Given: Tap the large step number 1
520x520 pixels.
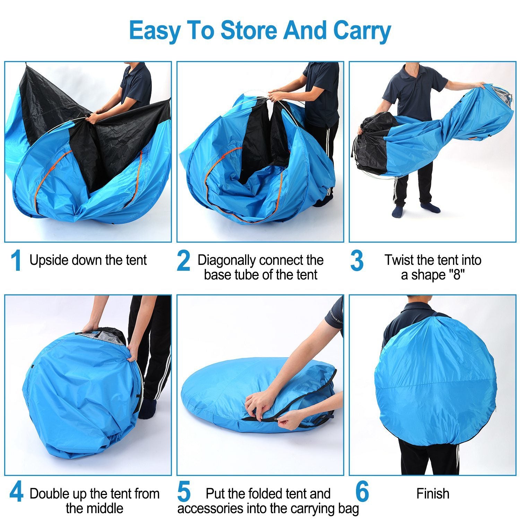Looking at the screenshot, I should [16, 261].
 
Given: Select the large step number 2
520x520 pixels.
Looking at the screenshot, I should [183, 261].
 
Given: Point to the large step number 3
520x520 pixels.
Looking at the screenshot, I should [357, 261].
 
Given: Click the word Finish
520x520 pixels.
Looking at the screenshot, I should [433, 494].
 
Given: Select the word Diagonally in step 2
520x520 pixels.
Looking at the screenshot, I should [227, 260].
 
